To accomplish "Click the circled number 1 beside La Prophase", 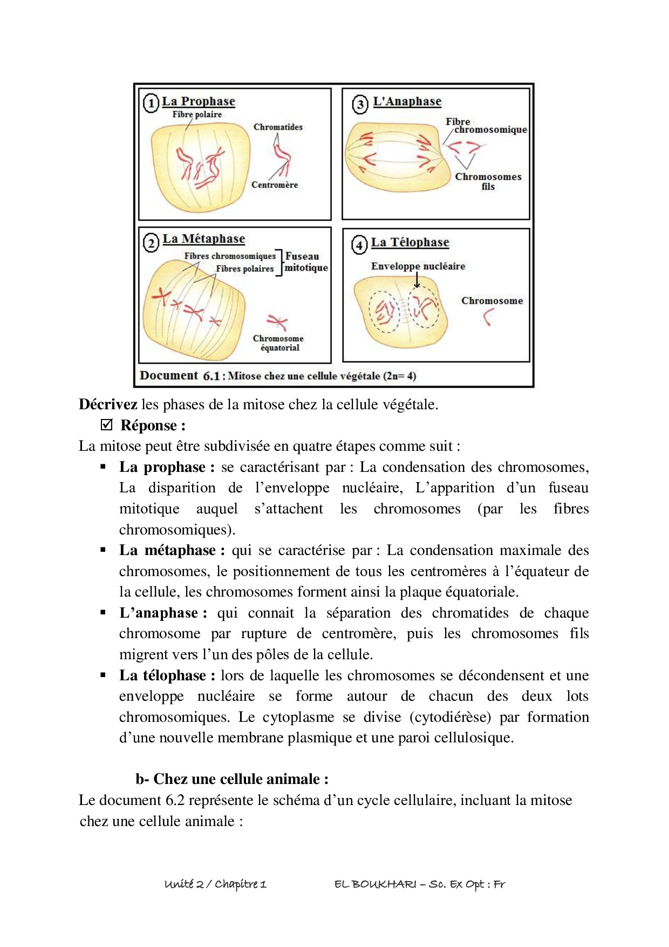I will pos(151,103).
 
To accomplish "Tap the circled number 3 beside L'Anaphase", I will pos(360,104).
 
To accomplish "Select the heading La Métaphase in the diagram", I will pos(203,239).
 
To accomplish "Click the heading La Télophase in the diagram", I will pos(409,242).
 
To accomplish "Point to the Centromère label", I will pos(274,185).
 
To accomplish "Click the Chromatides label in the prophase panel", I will pos(278,127).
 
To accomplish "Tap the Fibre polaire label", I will pos(197,114).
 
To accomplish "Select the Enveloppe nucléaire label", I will pos(418,266).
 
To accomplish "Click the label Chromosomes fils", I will pos(488,181).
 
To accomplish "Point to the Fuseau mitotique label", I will pos(305,262).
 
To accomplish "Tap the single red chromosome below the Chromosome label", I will pos(488,317).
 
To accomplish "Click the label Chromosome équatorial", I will pos(278,343).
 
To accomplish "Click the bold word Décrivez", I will pos(108,404).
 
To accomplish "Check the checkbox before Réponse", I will pos(107,425).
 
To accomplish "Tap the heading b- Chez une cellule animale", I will pos(232,779).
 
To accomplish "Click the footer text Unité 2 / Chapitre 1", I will pos(215,884).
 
